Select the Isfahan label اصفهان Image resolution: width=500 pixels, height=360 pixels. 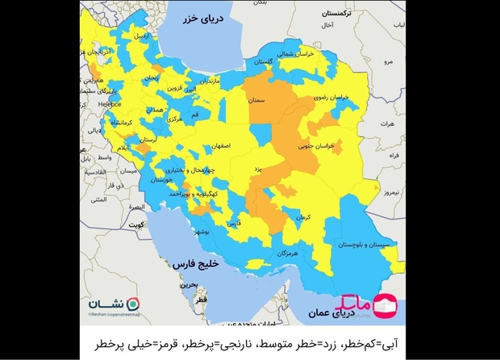(x=218, y=147)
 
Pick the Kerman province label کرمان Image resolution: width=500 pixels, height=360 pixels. (x=302, y=218)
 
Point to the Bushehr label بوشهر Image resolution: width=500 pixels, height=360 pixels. (x=202, y=230)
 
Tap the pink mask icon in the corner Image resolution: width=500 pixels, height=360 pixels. (x=388, y=303)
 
